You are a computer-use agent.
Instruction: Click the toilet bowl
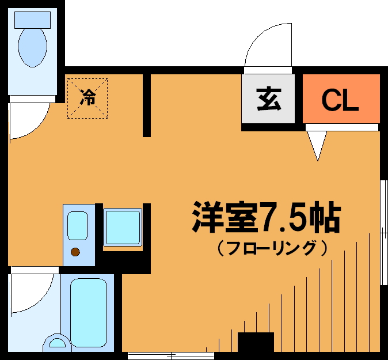[x=32, y=47]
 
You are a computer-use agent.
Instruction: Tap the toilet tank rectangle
[x=32, y=20]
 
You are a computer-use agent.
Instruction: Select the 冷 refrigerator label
[x=88, y=97]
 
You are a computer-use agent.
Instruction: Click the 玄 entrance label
[x=269, y=99]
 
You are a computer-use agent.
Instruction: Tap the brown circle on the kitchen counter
[x=75, y=252]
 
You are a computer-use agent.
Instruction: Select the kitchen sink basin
[x=77, y=226]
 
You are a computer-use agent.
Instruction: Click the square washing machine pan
[x=123, y=227]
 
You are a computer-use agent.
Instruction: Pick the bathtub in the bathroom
[x=89, y=312]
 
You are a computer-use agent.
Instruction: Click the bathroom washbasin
[x=57, y=343]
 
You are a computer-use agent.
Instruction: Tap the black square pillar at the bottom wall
[x=256, y=342]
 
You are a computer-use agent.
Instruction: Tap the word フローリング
[x=272, y=249]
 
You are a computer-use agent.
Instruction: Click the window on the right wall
[x=384, y=233]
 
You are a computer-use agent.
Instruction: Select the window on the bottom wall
[x=171, y=355]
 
